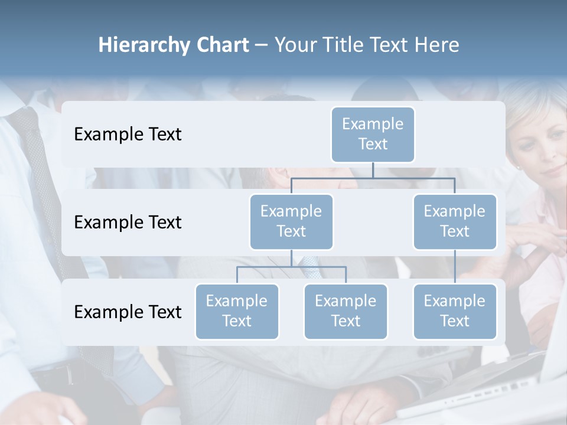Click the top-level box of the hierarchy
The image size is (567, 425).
(x=373, y=134)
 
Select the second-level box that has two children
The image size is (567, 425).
(x=291, y=221)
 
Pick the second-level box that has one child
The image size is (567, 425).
(x=455, y=221)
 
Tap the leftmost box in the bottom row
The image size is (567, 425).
(x=237, y=311)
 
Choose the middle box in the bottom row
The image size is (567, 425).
(x=346, y=311)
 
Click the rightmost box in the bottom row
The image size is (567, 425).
(x=455, y=311)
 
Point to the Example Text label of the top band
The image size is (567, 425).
(x=128, y=134)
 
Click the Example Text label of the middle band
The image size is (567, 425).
(x=128, y=222)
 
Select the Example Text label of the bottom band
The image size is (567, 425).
(x=128, y=312)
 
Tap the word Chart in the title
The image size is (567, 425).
(x=220, y=45)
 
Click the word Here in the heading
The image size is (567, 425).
(x=437, y=45)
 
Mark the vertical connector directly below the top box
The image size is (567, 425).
(x=373, y=170)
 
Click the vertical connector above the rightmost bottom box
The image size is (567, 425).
(x=455, y=267)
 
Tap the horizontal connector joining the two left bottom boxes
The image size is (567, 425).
(x=291, y=267)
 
